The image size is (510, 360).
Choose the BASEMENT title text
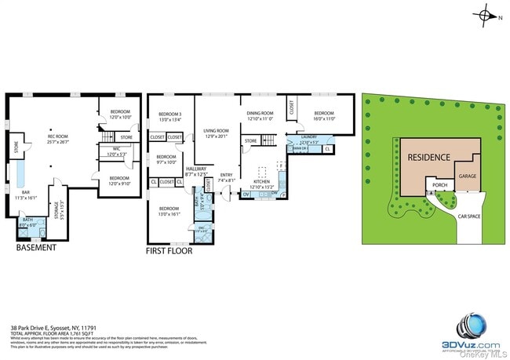click(36, 248)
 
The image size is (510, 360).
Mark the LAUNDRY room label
click(308, 138)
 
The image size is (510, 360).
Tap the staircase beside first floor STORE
click(268, 140)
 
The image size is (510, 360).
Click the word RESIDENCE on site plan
click(428, 157)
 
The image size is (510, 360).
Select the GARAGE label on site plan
click(468, 176)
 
